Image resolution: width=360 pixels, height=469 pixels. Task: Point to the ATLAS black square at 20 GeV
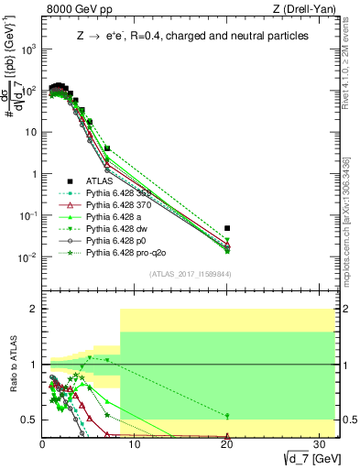(x=227, y=227)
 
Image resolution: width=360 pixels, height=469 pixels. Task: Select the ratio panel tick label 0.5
(x=29, y=420)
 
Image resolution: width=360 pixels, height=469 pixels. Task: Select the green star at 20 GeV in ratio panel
(x=227, y=416)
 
